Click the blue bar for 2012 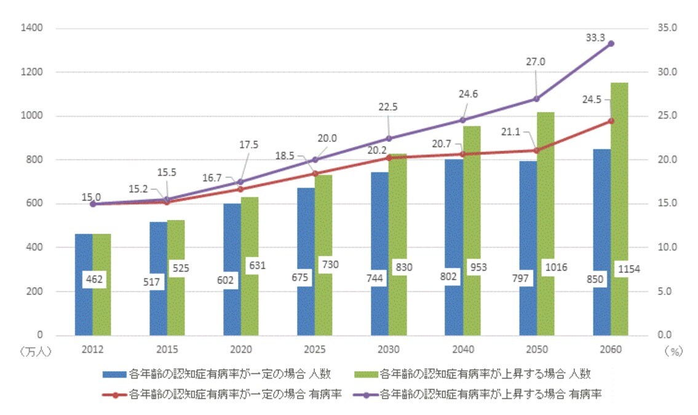pyautogui.click(x=84, y=307)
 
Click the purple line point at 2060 pyautogui.click(x=611, y=44)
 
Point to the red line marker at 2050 pyautogui.click(x=536, y=151)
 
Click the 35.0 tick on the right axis pyautogui.click(x=667, y=28)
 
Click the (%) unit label pyautogui.click(x=674, y=352)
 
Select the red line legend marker pyautogui.click(x=114, y=395)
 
